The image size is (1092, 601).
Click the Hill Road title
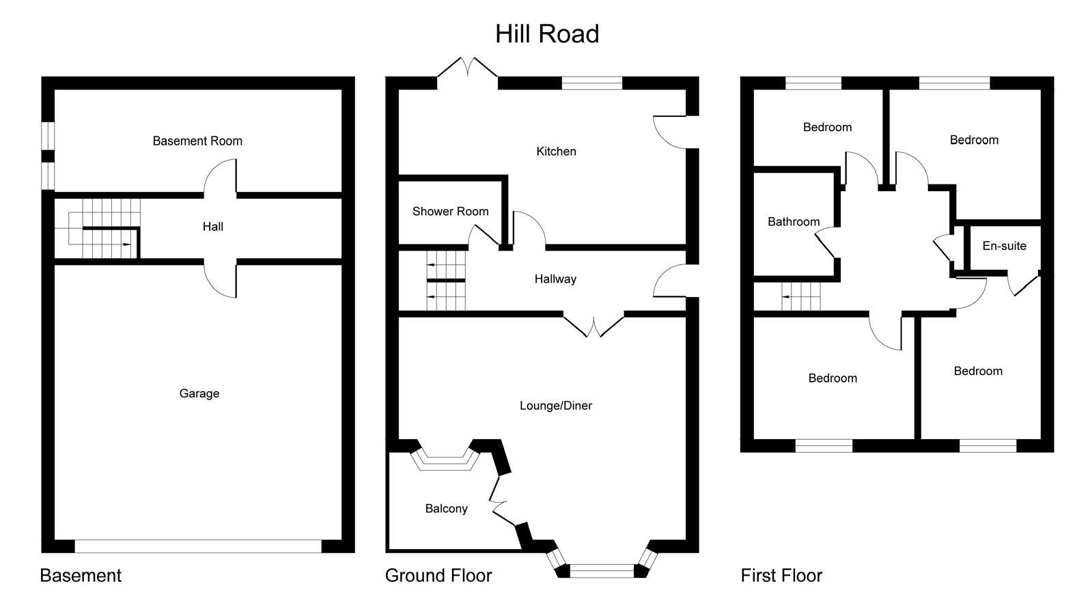point(547,34)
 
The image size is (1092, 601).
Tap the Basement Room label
point(197,141)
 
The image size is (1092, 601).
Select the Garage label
point(199,393)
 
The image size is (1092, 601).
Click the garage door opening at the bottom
point(198,546)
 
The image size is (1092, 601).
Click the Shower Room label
point(450,212)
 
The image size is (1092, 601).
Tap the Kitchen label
point(556,152)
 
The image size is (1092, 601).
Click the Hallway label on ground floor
point(555,279)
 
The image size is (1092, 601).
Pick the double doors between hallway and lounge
point(593,324)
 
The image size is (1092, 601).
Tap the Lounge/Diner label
point(556,406)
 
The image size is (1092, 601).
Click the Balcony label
point(446,509)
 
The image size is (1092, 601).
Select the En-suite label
point(1004,246)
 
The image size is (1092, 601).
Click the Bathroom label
point(793,222)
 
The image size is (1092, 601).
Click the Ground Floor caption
point(438,576)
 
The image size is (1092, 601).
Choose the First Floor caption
point(781,576)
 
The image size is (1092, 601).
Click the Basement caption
point(81,576)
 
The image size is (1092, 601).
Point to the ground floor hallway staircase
point(445,281)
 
